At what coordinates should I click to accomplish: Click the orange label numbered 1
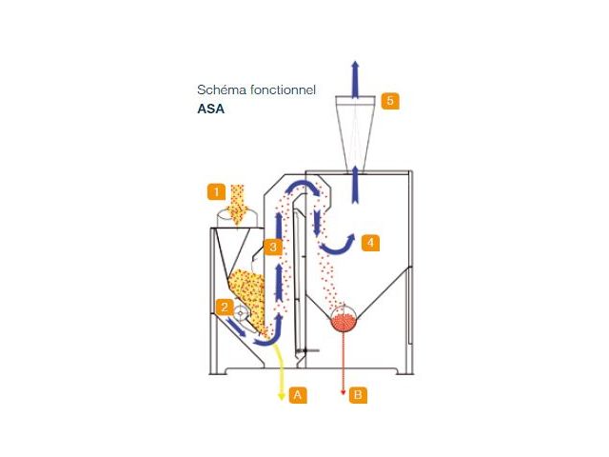click(x=216, y=192)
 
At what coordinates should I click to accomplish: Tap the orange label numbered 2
click(x=225, y=307)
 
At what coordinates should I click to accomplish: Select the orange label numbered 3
click(x=273, y=247)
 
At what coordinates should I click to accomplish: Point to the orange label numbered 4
click(x=370, y=243)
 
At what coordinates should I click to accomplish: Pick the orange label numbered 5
click(x=390, y=101)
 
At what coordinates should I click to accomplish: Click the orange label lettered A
click(x=298, y=395)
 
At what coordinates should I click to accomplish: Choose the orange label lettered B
click(x=358, y=395)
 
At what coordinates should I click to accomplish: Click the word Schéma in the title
click(x=222, y=89)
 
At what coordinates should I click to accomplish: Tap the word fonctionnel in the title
click(x=284, y=89)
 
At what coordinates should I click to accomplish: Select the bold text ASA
click(x=211, y=109)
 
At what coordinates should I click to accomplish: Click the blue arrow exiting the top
click(x=355, y=79)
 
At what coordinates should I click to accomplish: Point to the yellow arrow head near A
click(x=282, y=396)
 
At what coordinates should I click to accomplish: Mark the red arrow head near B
click(x=343, y=393)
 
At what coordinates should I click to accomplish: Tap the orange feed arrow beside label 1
click(x=238, y=206)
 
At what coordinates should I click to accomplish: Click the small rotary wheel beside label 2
click(x=241, y=312)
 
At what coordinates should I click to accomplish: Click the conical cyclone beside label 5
click(x=355, y=134)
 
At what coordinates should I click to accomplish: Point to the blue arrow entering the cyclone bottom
click(x=355, y=184)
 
